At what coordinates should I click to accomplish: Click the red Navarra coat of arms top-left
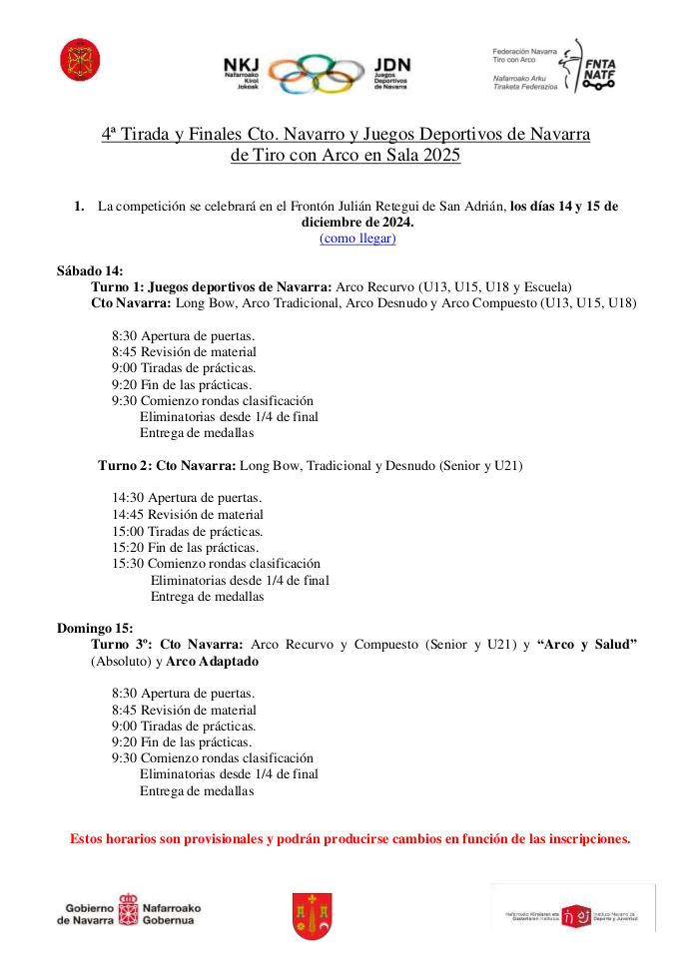pyautogui.click(x=74, y=60)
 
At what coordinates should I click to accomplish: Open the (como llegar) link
pyautogui.click(x=357, y=238)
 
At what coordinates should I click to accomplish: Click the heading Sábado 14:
pyautogui.click(x=90, y=270)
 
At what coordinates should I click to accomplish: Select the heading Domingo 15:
pyautogui.click(x=95, y=628)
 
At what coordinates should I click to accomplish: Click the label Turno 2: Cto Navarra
pyautogui.click(x=167, y=465)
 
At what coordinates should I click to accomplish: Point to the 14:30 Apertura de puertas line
pyautogui.click(x=187, y=498)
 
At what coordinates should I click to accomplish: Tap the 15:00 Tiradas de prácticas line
pyautogui.click(x=187, y=531)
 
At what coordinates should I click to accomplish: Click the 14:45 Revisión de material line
pyautogui.click(x=188, y=515)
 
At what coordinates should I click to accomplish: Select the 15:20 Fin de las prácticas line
pyautogui.click(x=185, y=547)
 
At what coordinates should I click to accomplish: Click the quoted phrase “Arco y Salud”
pyautogui.click(x=587, y=645)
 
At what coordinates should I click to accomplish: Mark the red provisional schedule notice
pyautogui.click(x=349, y=838)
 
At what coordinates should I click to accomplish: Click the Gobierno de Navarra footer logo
pyautogui.click(x=129, y=909)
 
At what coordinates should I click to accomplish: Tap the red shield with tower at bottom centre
pyautogui.click(x=312, y=915)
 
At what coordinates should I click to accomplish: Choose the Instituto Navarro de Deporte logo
pyautogui.click(x=573, y=908)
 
